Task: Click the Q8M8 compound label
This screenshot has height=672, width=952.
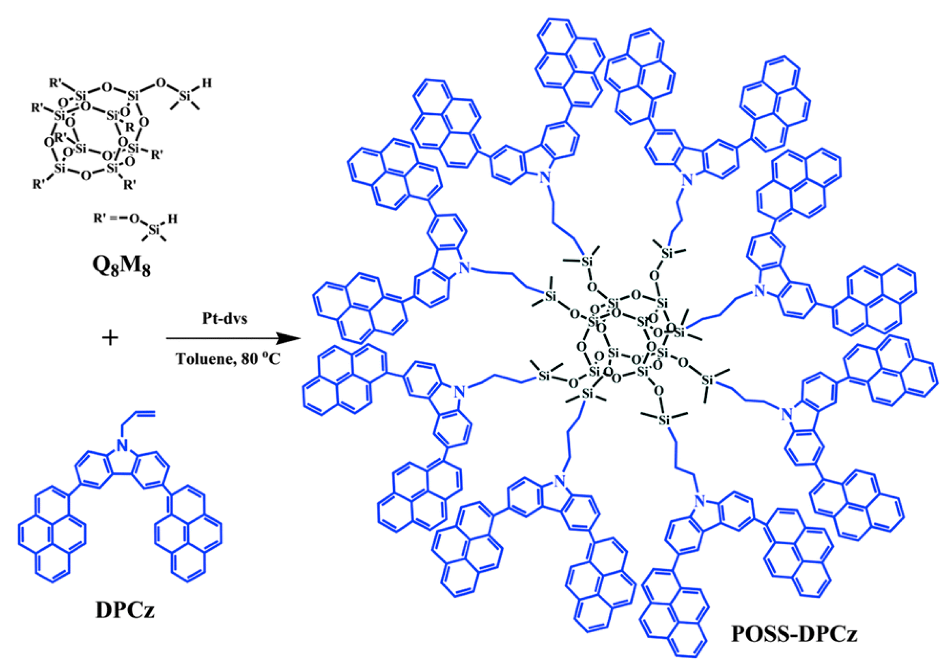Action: coord(121,267)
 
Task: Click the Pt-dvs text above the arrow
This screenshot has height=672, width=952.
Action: coord(225,318)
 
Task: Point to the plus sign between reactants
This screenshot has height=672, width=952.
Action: coord(110,338)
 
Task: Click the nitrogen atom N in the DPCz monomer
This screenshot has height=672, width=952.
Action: coord(121,446)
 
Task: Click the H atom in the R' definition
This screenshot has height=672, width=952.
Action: coord(173,218)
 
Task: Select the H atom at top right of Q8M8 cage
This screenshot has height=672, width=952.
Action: coord(207,83)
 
